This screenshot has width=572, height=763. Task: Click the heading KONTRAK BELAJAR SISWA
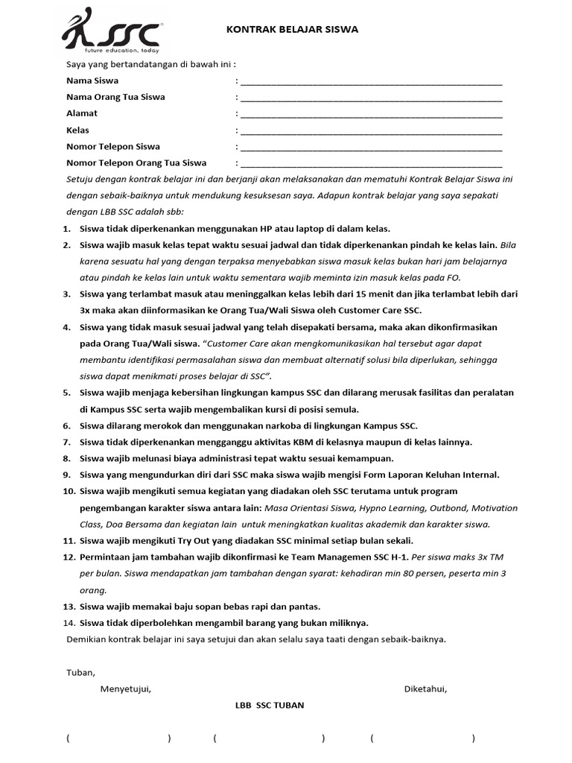tap(293, 30)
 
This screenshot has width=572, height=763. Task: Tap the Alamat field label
tap(82, 113)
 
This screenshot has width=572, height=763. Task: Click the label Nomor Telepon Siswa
tap(113, 146)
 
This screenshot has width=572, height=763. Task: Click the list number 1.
tap(67, 229)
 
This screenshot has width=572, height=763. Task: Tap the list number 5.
tap(67, 393)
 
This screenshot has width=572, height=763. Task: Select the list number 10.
tap(69, 491)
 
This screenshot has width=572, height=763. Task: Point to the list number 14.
tap(69, 623)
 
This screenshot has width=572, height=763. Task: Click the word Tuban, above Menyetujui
tap(80, 672)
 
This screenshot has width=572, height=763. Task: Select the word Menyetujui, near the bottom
tap(126, 688)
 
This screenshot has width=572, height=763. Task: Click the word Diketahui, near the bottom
tap(425, 688)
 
